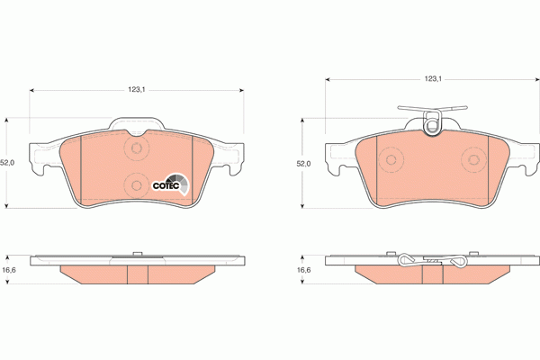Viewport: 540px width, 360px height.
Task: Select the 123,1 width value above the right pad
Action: pyautogui.click(x=432, y=79)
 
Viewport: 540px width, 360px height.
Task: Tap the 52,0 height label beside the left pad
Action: pyautogui.click(x=8, y=163)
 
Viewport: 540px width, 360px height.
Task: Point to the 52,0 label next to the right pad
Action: pyautogui.click(x=303, y=164)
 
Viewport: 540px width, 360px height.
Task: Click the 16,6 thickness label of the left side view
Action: pyautogui.click(x=8, y=270)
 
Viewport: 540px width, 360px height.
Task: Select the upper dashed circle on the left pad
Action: pyautogui.click(x=137, y=149)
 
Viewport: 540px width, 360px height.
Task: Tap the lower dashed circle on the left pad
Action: pyautogui.click(x=137, y=184)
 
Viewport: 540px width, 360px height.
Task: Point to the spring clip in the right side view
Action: pyautogui.click(x=432, y=261)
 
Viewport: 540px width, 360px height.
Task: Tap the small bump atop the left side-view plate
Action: pyautogui.click(x=137, y=254)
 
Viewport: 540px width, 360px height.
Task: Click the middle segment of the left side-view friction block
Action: pyautogui.click(x=137, y=273)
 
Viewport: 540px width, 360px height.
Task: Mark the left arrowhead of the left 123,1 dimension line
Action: pyautogui.click(x=33, y=90)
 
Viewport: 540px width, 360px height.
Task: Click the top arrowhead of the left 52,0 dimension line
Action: pyautogui.click(x=8, y=120)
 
